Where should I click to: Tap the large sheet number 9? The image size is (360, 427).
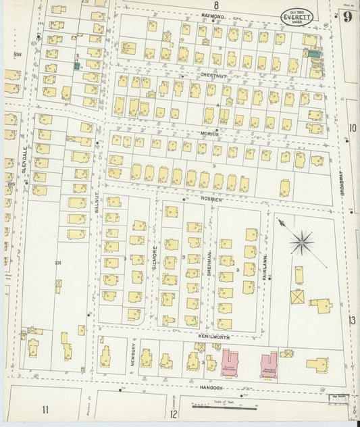click(x=346, y=18)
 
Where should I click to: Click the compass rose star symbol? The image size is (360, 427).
click(x=301, y=240)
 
